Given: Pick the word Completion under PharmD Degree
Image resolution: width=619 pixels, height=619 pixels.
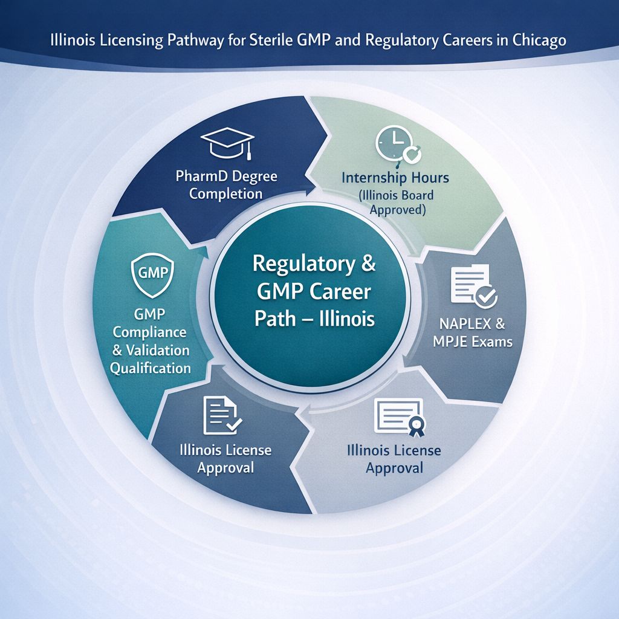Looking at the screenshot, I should [225, 194].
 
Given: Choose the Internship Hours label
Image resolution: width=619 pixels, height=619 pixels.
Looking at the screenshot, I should [395, 179].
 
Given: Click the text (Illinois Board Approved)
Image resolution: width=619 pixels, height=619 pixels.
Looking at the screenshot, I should [395, 203].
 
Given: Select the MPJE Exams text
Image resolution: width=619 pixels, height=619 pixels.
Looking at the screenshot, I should [473, 342].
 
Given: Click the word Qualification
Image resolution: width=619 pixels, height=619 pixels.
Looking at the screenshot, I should [151, 368].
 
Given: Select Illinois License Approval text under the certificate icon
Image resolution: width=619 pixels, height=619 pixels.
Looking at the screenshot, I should [394, 459].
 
